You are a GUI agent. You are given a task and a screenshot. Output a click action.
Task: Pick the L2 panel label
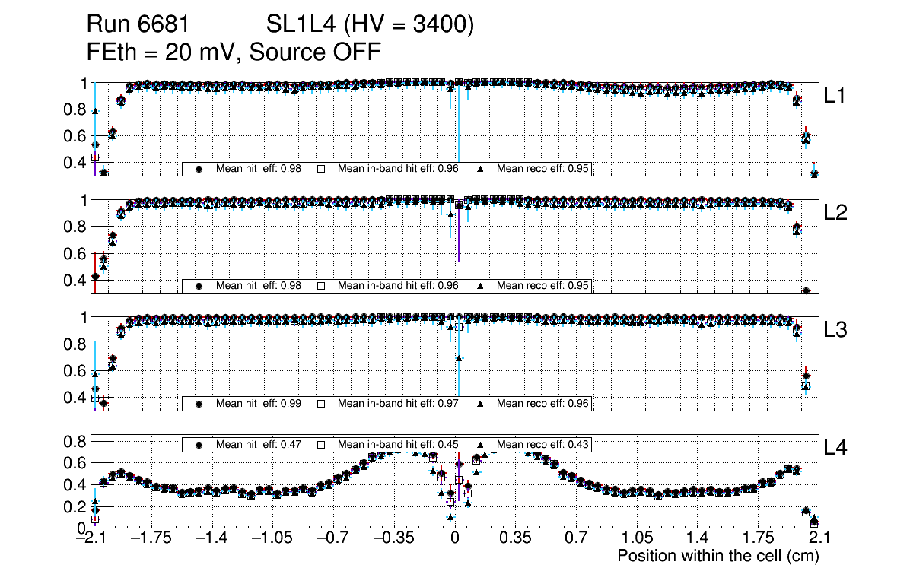coord(836,213)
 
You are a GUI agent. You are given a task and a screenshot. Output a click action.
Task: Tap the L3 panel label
coord(836,330)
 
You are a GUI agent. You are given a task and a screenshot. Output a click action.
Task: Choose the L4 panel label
coord(836,448)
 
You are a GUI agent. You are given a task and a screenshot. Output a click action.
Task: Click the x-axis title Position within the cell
coord(717,556)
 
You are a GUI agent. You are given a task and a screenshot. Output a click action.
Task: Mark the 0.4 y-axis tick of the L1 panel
coord(75,162)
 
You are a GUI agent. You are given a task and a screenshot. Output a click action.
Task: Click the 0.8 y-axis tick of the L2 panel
coord(75,227)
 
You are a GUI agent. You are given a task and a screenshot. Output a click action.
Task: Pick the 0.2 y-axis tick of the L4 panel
coord(75,506)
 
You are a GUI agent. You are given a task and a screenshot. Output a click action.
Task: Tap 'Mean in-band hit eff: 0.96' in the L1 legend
coord(397,169)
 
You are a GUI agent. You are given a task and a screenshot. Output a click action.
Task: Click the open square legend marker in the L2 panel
coord(321,286)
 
